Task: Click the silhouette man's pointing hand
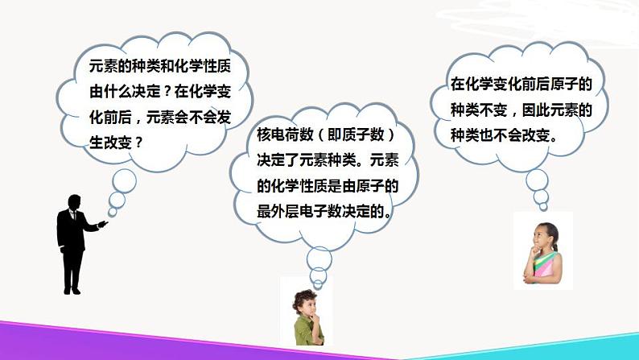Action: [103, 223]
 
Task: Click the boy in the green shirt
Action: [305, 314]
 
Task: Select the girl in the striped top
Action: [545, 251]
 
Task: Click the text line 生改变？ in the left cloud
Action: [117, 142]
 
